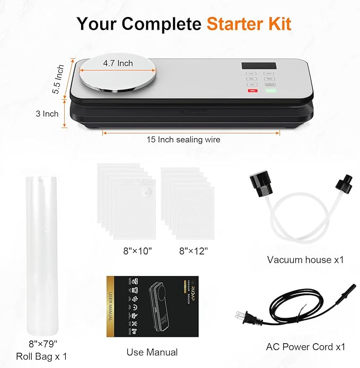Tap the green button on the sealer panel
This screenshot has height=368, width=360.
tap(270, 91)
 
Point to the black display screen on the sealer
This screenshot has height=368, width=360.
tap(253, 67)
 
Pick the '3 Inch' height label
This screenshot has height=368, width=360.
tap(47, 113)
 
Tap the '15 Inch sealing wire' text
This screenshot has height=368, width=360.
tap(183, 140)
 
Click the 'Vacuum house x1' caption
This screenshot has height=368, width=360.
tap(305, 259)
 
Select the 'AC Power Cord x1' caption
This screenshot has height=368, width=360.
tap(305, 347)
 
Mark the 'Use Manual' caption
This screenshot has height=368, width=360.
tap(152, 352)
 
